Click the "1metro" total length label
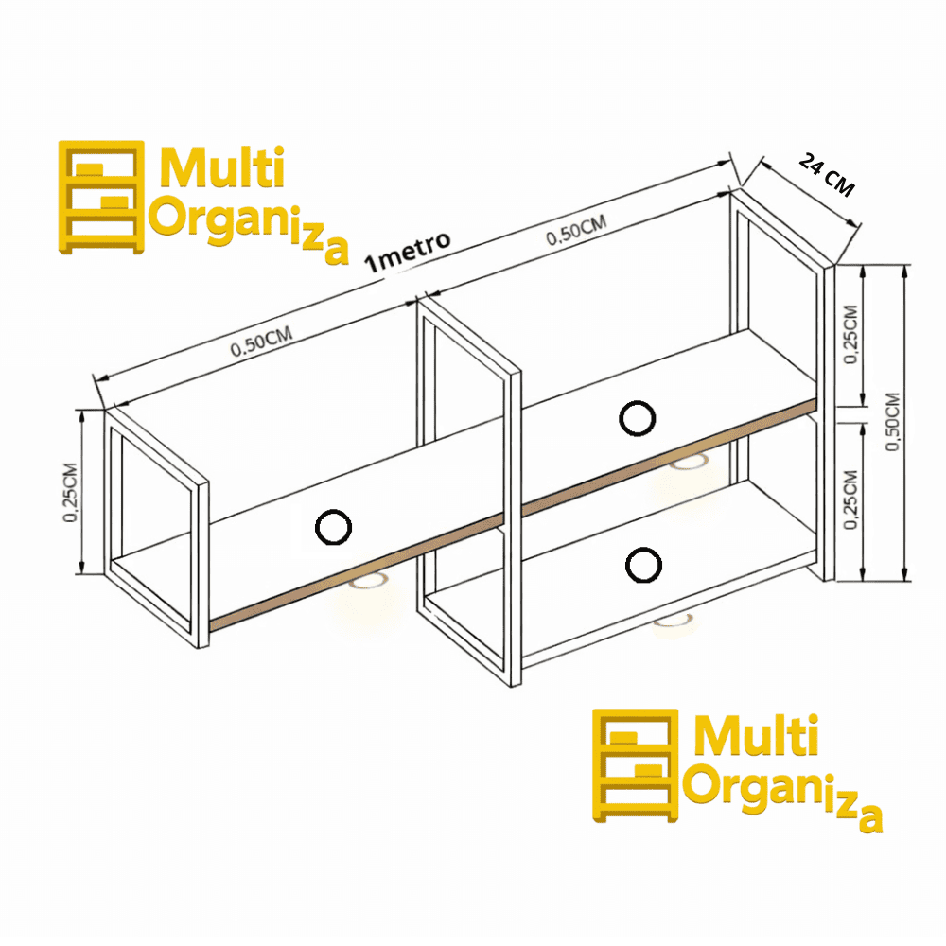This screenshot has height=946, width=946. click(x=407, y=252)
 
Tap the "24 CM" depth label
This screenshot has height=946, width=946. click(x=827, y=175)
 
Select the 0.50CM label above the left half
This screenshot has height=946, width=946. click(x=261, y=342)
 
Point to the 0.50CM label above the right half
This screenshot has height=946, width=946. click(x=576, y=231)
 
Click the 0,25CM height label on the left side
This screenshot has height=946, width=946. click(x=71, y=492)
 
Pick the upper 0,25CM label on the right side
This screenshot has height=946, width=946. click(x=850, y=334)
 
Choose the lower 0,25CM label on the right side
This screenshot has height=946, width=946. click(x=850, y=500)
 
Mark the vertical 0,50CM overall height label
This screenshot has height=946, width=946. click(x=892, y=421)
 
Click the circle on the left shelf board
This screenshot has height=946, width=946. click(x=333, y=527)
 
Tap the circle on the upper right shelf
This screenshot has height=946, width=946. click(x=637, y=418)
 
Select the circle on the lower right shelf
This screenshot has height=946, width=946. click(x=643, y=566)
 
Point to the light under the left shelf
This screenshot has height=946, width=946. click(x=368, y=582)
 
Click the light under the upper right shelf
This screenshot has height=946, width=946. click(x=689, y=463)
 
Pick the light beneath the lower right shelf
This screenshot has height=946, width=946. click(x=673, y=621)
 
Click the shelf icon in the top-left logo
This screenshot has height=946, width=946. click(x=101, y=198)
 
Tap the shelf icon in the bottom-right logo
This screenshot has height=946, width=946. click(x=636, y=765)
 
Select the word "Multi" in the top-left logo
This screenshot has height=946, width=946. click(x=221, y=167)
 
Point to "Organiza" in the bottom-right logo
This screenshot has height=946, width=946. click(x=782, y=797)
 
